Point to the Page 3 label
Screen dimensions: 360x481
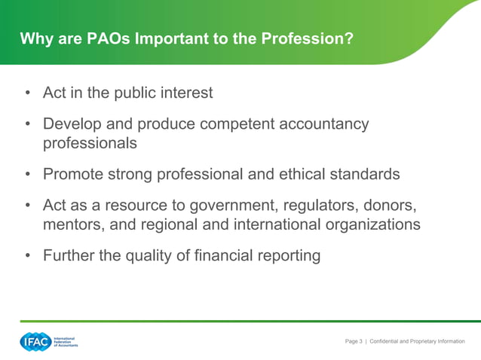pos(354,342)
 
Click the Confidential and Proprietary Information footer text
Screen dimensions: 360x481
pos(417,342)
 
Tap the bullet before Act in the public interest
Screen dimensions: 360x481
pos(27,93)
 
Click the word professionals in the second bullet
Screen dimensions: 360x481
pos(90,142)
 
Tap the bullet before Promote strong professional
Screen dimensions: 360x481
pos(27,175)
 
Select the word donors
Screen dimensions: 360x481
pos(390,206)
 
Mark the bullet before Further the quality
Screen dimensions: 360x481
pos(27,256)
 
